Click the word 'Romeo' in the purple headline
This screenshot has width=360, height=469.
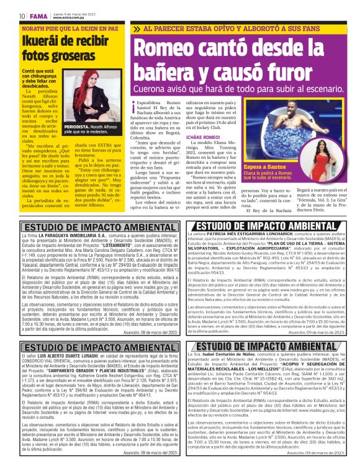click(179, 48)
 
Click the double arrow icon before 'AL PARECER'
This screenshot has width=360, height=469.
click(148, 29)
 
